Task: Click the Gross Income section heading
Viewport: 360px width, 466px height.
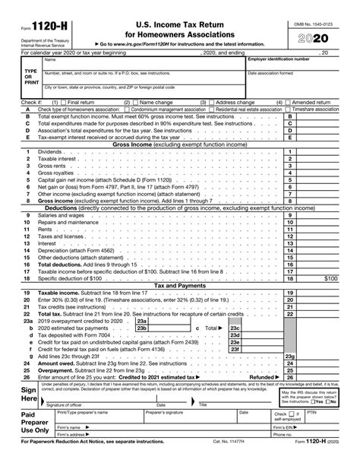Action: (x=180, y=143)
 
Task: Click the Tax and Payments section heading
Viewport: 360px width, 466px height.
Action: (x=180, y=285)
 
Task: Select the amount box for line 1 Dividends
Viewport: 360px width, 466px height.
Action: (x=318, y=151)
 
